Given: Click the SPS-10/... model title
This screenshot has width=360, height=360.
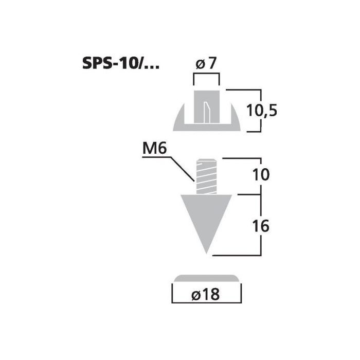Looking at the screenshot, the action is (120, 63).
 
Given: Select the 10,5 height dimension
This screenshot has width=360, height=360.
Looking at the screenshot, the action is (261, 111).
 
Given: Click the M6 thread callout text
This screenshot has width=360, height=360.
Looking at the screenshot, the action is (154, 148).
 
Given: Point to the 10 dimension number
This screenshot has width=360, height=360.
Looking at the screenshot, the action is (261, 174).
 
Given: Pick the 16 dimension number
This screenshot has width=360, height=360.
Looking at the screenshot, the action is (261, 226).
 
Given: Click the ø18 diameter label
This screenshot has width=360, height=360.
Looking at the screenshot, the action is (206, 294).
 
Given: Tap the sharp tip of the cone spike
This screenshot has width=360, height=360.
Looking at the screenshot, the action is (206, 254).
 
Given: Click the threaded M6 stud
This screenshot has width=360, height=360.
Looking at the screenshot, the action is (206, 176).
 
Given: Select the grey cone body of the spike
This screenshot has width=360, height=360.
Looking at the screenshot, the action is (206, 218).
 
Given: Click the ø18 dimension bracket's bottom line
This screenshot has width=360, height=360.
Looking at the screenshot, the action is (207, 302).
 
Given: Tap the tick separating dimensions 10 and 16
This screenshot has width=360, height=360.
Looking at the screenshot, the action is (249, 195).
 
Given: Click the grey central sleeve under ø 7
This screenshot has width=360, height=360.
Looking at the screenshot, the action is (207, 107).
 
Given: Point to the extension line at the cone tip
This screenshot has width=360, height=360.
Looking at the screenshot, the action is (237, 255).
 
